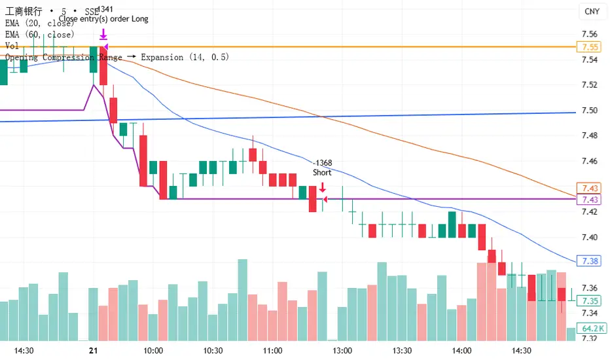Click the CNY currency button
click(591, 11)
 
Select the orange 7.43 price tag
click(586, 188)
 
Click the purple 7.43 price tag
click(586, 200)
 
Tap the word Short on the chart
click(322, 173)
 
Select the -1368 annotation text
click(322, 163)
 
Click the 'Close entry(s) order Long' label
click(103, 19)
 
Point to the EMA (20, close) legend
click(39, 23)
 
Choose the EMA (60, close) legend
click(39, 34)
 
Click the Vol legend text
click(12, 46)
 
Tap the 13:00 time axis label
click(343, 351)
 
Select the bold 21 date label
click(93, 351)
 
